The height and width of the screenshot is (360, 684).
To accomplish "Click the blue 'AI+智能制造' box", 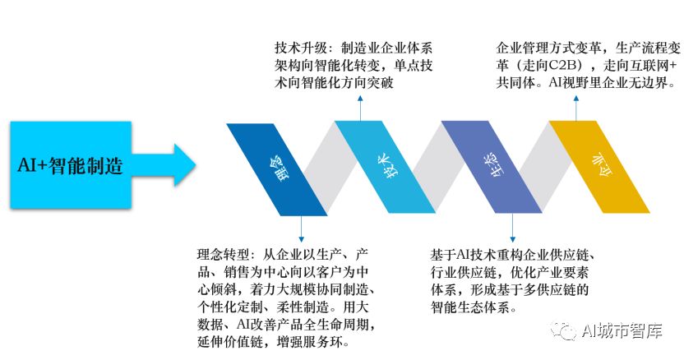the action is [x=71, y=164].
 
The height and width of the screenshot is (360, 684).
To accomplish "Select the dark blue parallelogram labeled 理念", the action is [x=276, y=169].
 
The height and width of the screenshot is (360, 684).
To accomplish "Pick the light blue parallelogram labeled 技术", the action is [x=385, y=167].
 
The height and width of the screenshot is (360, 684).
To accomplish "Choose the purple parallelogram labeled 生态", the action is [x=492, y=167].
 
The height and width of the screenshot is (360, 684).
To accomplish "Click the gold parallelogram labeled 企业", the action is [x=599, y=167].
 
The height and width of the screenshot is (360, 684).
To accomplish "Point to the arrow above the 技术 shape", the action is [x=360, y=108].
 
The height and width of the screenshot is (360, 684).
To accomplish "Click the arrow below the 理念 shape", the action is [x=301, y=229].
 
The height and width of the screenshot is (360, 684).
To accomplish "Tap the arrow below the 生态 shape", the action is [x=512, y=228].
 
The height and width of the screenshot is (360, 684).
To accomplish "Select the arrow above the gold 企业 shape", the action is [x=576, y=108].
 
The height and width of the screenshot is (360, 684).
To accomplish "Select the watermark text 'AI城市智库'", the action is [x=622, y=330].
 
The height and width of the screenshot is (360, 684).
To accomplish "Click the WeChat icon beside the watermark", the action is [x=563, y=330].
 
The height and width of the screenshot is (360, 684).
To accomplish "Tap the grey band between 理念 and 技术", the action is [x=330, y=168].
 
